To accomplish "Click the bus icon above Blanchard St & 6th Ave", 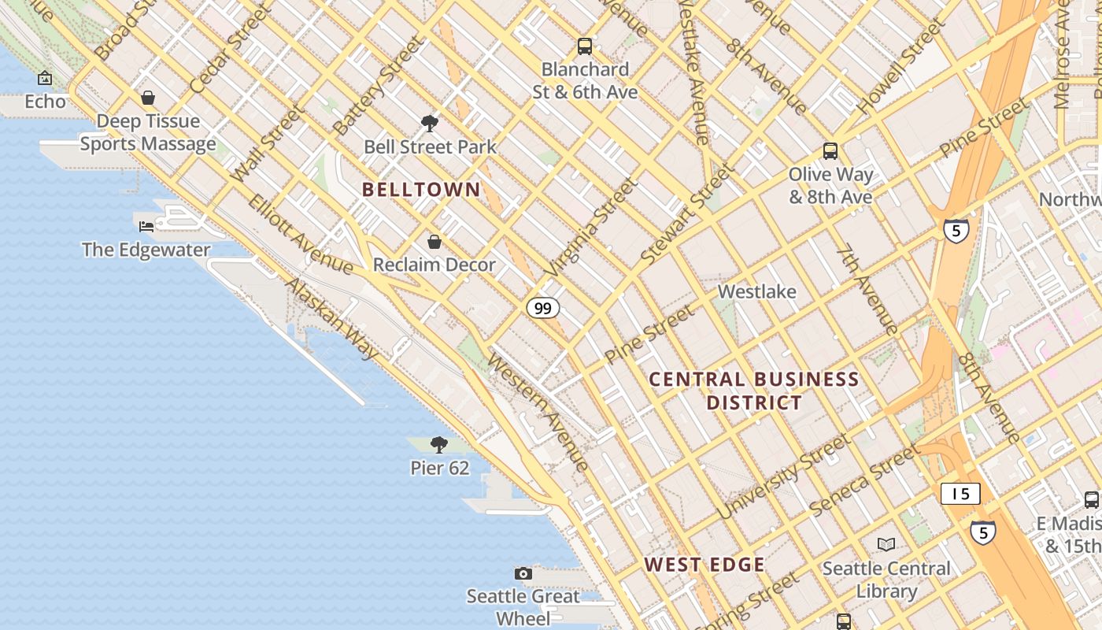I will click(x=584, y=46).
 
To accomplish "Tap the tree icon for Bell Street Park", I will click(x=430, y=123).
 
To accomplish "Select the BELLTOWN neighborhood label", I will click(x=421, y=189).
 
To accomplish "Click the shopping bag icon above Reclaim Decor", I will click(x=434, y=242).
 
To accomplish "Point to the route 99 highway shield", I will click(x=543, y=308).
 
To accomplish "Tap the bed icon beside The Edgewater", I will click(x=146, y=227).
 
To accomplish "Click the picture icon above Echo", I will click(x=45, y=78).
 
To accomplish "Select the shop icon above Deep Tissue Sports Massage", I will click(x=148, y=98).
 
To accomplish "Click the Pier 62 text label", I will click(x=439, y=468).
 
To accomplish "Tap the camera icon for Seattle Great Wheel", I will click(x=523, y=573).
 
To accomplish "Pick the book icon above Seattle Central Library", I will click(x=886, y=544).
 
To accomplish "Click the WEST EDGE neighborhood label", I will click(x=704, y=565).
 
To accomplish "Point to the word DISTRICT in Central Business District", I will click(x=754, y=403).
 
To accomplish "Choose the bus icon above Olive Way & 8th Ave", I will click(x=830, y=150).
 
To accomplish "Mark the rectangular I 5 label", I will click(x=960, y=494).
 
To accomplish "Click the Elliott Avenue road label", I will click(x=300, y=234).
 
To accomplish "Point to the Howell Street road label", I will click(x=901, y=67).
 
